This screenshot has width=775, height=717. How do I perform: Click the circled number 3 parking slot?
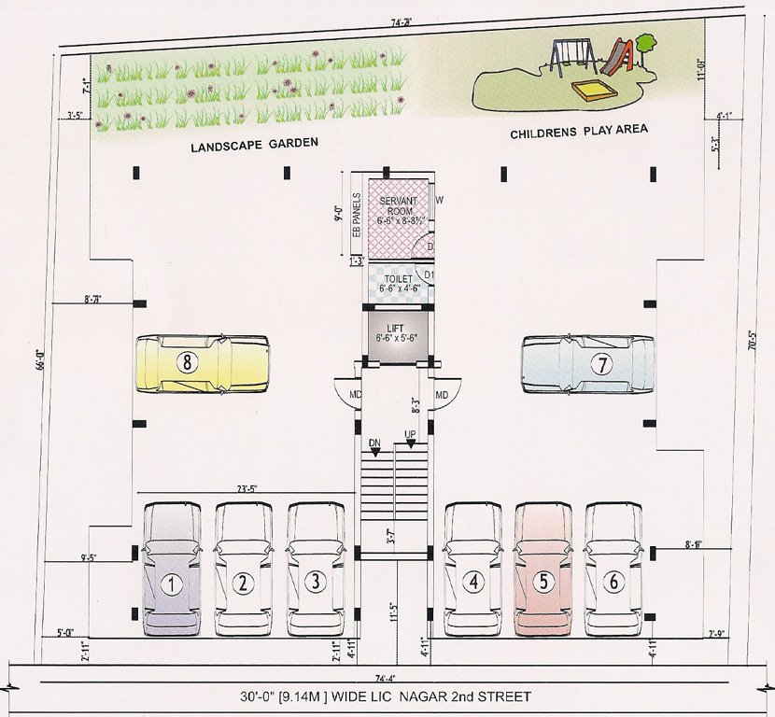(316, 583)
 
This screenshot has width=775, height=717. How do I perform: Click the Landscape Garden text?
(255, 146)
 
